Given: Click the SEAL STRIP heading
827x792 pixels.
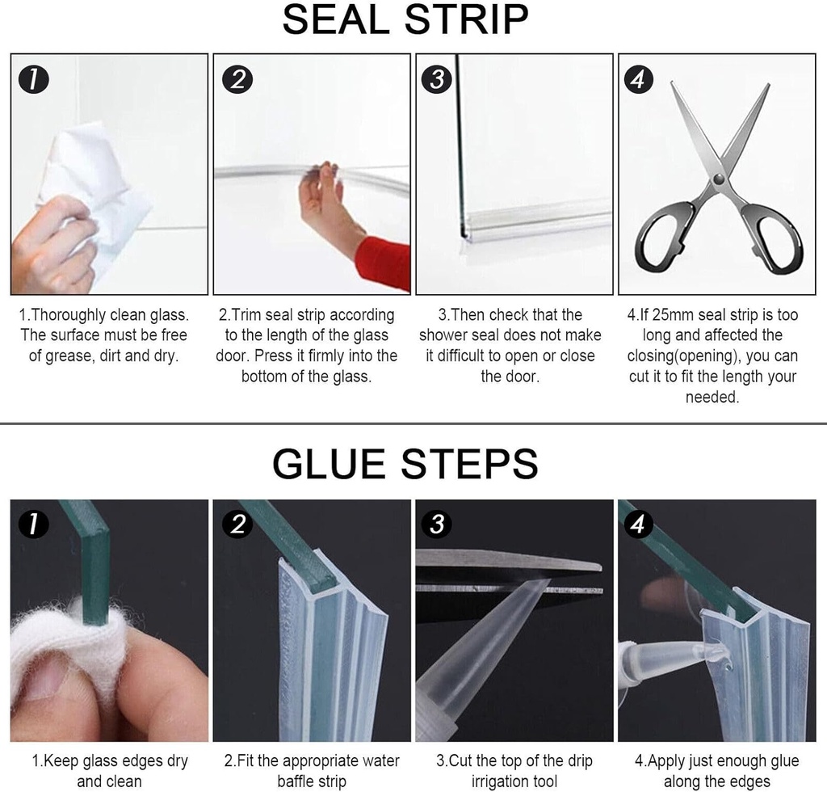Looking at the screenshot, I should [405, 21].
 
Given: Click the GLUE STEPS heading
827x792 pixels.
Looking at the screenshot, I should [405, 463].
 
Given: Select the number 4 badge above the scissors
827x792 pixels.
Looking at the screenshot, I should [638, 79].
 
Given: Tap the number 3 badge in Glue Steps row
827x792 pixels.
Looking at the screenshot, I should [437, 524].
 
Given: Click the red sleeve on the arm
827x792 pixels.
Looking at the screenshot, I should [384, 261].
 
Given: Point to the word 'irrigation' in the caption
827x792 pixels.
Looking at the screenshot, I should [505, 781].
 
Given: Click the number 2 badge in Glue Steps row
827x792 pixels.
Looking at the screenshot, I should [237, 524].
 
